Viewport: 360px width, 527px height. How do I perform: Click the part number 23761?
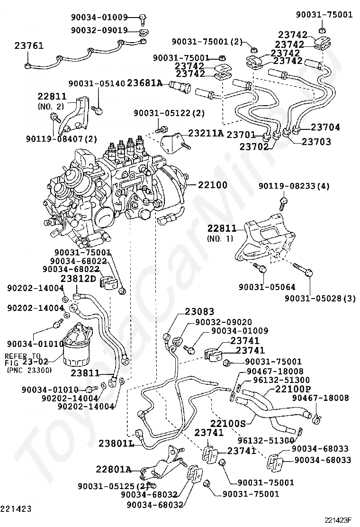click(x=29, y=46)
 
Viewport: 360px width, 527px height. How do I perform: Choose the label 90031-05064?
click(x=261, y=287)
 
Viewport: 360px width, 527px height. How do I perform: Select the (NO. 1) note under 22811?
click(x=218, y=238)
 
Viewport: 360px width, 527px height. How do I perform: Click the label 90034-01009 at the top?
click(x=99, y=18)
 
